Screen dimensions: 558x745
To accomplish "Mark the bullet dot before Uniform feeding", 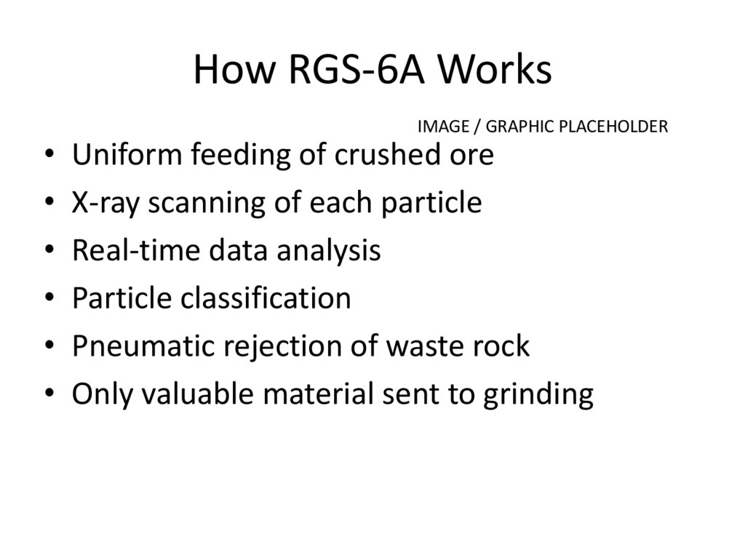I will click(49, 156).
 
